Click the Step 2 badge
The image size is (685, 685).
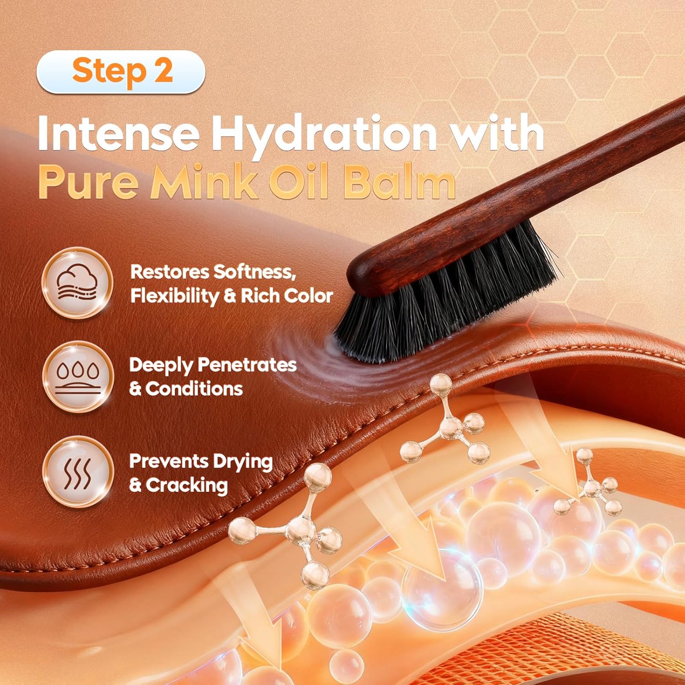point(121,72)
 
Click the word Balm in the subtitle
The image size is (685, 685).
point(400,182)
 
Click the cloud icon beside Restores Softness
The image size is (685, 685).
point(77,282)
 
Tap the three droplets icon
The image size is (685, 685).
point(78,377)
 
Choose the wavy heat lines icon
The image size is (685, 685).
point(78,472)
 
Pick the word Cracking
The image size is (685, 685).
point(187,485)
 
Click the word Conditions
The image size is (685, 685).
point(194,389)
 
